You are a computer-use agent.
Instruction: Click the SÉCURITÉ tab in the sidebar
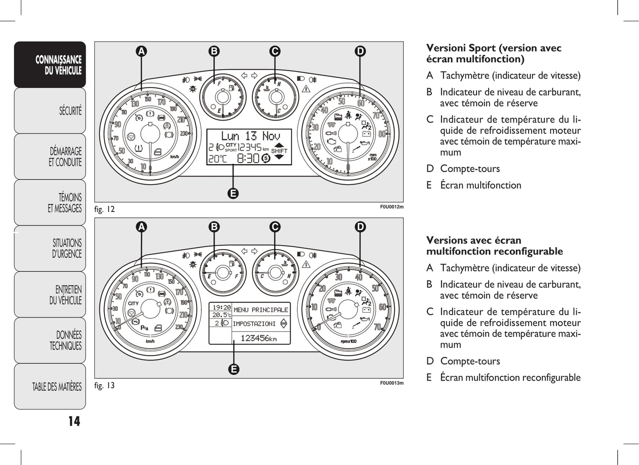coord(50,110)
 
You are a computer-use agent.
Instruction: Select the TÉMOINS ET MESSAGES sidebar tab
coord(50,202)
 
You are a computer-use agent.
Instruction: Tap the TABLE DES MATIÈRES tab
coord(50,387)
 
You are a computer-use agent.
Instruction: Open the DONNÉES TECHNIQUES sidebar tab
coord(50,340)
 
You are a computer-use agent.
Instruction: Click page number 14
coord(74,421)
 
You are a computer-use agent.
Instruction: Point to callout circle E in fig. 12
coord(233,193)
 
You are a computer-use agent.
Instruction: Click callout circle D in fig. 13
coord(360,227)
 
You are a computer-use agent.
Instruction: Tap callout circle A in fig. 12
coord(141,52)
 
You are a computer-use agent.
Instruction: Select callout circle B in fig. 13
coord(214,227)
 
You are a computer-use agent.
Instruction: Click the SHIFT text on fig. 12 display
coord(279,151)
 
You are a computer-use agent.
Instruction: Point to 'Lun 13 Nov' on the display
coord(250,136)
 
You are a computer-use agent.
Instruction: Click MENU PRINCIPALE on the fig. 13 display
coord(260,310)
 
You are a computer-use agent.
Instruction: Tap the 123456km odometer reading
coord(259,338)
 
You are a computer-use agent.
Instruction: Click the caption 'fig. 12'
coord(104,209)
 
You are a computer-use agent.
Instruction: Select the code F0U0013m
coord(392,383)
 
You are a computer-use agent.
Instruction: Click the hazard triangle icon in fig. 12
coord(306,89)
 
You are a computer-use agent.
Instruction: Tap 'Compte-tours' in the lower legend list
coord(470,361)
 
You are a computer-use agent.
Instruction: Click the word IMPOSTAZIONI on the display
coord(254,324)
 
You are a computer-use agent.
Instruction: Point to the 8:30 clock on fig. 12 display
coord(248,158)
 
